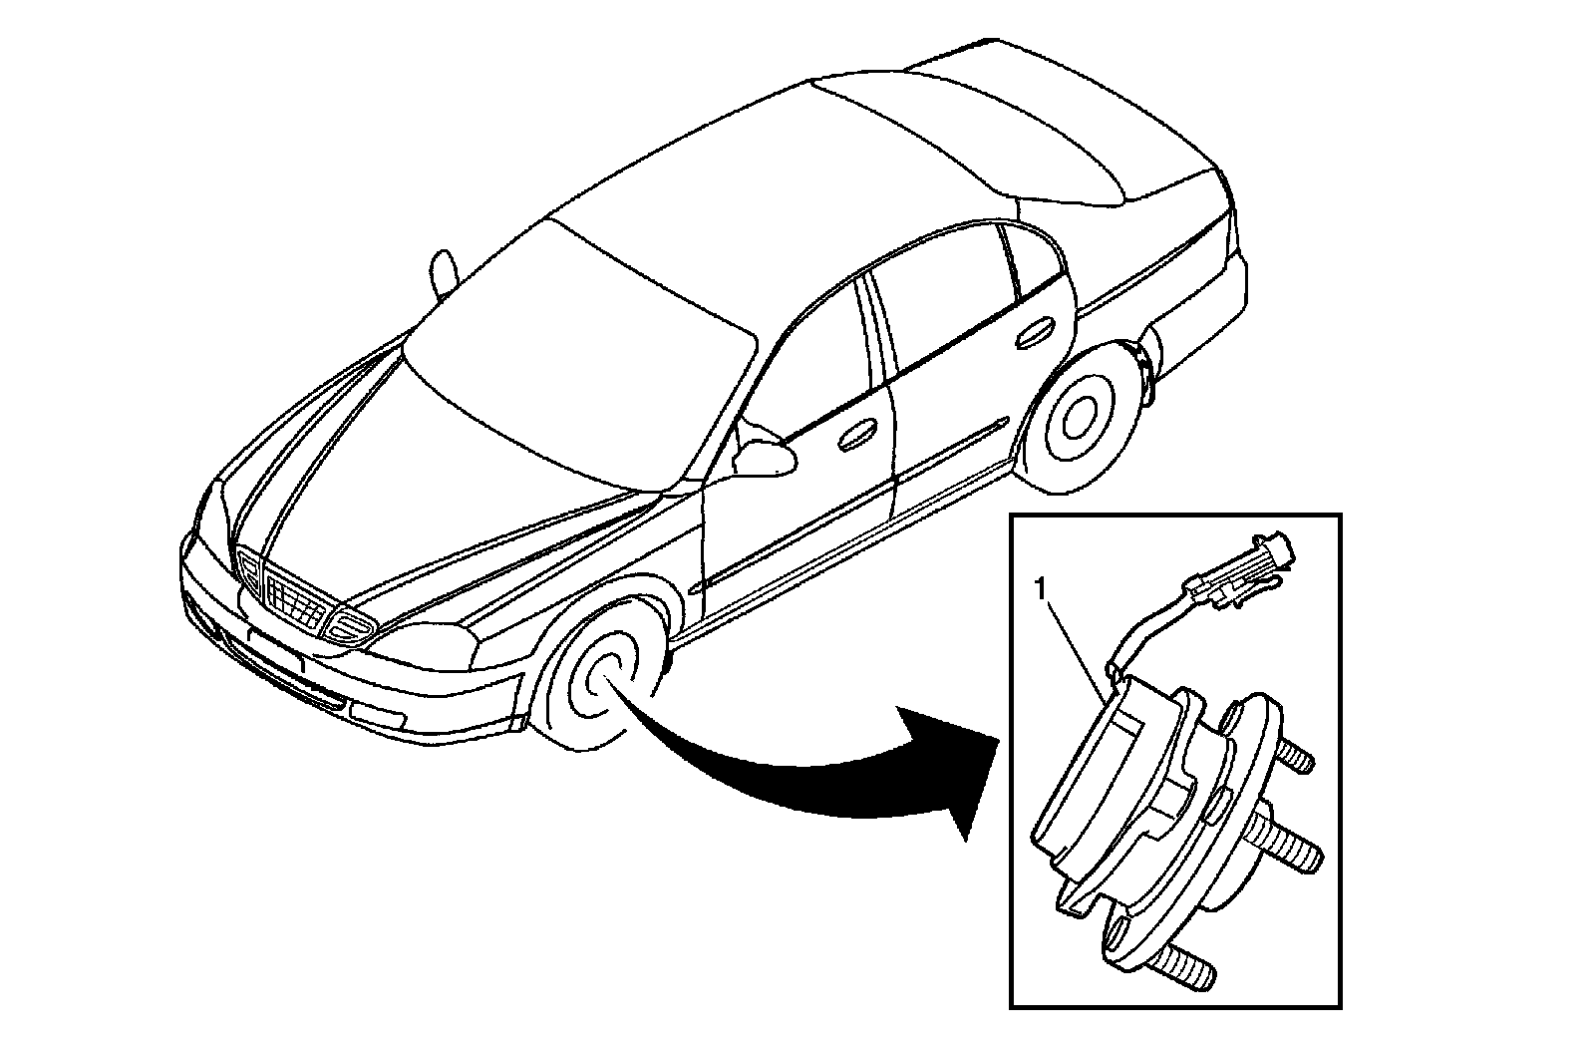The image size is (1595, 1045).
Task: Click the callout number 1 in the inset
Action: coord(1041,590)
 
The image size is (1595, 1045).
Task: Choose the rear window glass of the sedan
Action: coord(957,130)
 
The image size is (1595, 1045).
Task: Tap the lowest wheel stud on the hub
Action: coord(1186,965)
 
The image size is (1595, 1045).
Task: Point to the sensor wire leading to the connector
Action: coord(1146,623)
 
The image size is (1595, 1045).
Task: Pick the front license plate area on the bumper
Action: coord(274,650)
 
